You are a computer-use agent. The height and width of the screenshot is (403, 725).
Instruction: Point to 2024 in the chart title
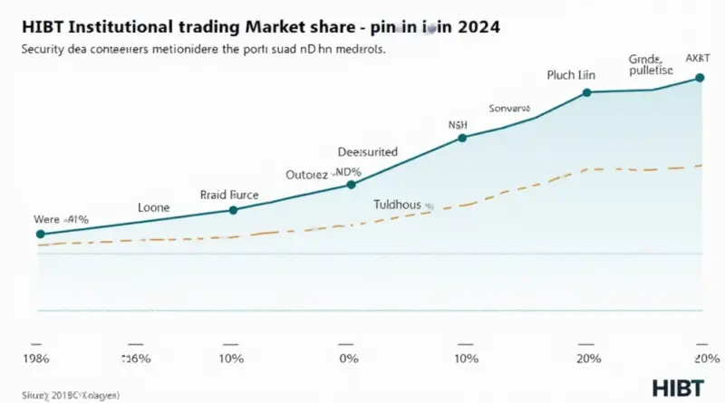(x=469, y=28)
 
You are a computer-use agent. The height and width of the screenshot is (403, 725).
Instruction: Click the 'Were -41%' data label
(x=60, y=219)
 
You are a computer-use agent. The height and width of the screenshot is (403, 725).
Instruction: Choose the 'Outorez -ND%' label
(x=324, y=172)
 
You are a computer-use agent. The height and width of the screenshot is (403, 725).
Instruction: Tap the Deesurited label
(x=367, y=152)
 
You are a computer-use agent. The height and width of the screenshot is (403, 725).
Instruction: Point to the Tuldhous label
(x=398, y=206)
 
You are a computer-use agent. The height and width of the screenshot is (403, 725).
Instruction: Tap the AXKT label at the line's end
(x=699, y=58)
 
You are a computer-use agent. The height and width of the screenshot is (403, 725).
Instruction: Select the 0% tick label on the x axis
(x=344, y=360)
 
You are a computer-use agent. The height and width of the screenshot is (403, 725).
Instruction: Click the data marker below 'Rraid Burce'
(x=234, y=210)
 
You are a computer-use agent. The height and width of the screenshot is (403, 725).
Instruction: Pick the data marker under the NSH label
(x=462, y=138)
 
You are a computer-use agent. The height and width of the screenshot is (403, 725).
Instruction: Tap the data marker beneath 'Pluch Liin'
(x=587, y=92)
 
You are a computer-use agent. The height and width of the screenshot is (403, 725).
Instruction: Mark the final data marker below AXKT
(x=699, y=78)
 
